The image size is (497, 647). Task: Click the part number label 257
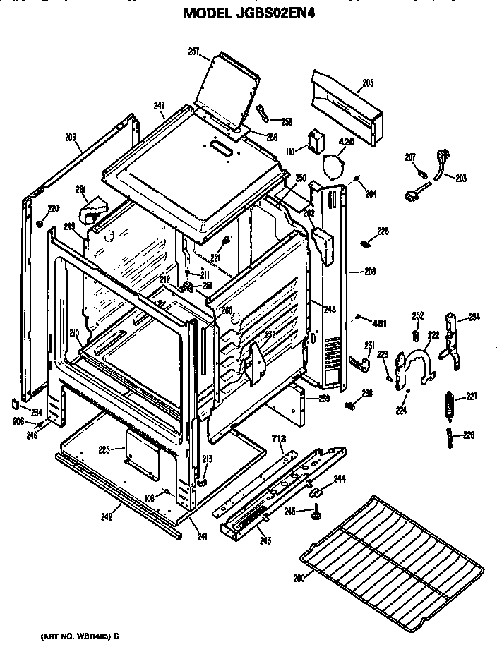click(x=193, y=51)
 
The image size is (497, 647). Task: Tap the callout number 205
click(x=368, y=83)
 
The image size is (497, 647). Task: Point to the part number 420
click(x=345, y=143)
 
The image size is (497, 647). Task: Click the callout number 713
click(x=279, y=439)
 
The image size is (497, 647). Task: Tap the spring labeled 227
click(x=447, y=408)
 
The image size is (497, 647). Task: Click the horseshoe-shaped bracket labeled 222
click(x=416, y=368)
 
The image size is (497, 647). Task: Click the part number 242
click(x=107, y=517)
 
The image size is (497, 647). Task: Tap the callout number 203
click(x=461, y=178)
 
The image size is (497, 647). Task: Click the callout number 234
click(x=36, y=412)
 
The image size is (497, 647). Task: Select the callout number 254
click(x=474, y=316)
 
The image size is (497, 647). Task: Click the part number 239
click(x=323, y=399)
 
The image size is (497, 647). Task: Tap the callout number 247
click(x=160, y=105)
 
